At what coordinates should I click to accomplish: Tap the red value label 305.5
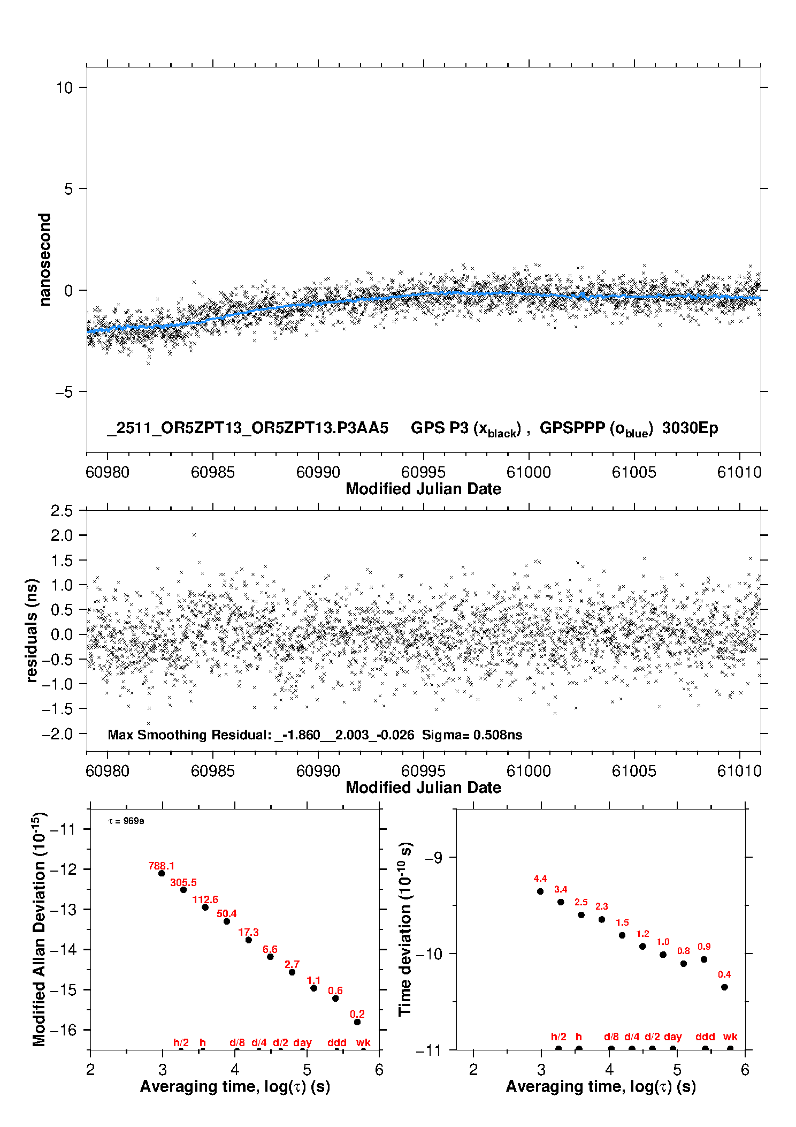[183, 882]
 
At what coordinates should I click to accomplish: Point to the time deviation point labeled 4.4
[540, 891]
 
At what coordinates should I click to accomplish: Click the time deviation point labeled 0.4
[724, 987]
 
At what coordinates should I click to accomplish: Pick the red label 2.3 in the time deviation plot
[602, 906]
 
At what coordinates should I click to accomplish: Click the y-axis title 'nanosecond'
[45, 260]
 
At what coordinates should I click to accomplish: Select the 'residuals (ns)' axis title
[32, 630]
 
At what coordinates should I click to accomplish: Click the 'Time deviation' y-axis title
[405, 929]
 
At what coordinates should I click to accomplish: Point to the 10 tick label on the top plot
[64, 88]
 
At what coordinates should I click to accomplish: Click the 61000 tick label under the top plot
[529, 472]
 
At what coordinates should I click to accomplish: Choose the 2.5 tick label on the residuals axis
[62, 511]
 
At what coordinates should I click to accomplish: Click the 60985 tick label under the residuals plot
[213, 771]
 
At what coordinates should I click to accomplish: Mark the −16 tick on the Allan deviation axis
[63, 1030]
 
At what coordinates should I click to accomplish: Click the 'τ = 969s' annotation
[126, 821]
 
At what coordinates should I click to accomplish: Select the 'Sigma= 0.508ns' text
[472, 735]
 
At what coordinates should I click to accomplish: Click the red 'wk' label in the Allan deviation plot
[363, 1042]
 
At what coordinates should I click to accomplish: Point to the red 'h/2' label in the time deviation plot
[558, 1037]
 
